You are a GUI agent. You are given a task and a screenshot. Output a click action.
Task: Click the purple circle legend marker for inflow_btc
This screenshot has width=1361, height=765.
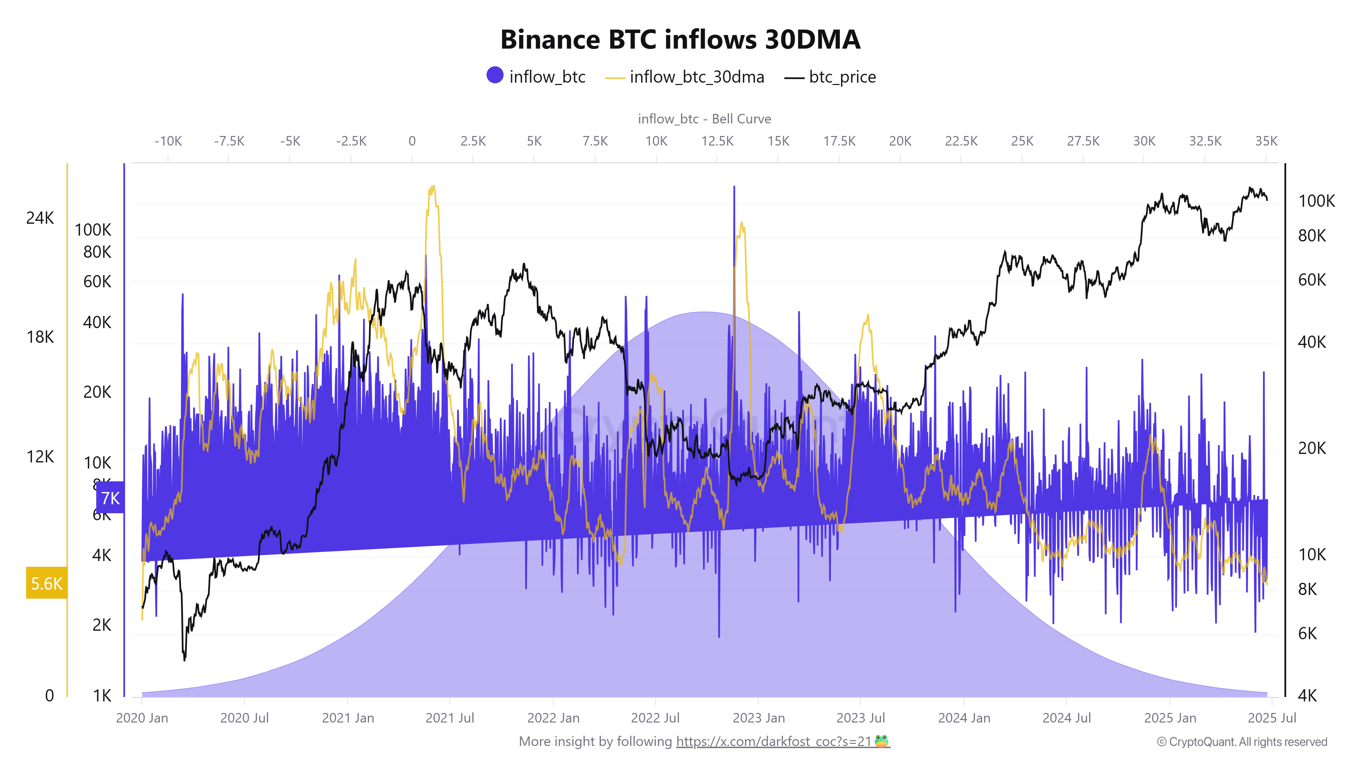pyautogui.click(x=494, y=75)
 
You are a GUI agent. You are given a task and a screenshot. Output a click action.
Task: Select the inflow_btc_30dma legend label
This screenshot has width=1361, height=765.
pyautogui.click(x=696, y=77)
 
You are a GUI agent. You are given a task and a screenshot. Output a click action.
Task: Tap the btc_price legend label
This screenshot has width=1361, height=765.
pyautogui.click(x=842, y=77)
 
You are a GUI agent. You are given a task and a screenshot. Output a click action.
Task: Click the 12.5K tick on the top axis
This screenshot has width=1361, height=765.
pyautogui.click(x=717, y=141)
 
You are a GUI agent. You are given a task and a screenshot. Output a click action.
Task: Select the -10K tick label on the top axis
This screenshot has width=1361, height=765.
pyautogui.click(x=168, y=141)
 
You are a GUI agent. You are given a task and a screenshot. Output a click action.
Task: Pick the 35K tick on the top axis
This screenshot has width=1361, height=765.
pyautogui.click(x=1266, y=141)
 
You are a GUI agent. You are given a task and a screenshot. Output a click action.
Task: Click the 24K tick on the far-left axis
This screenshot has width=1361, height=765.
pyautogui.click(x=40, y=218)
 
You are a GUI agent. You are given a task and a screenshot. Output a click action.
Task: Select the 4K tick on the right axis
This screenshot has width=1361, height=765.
pyautogui.click(x=1307, y=695)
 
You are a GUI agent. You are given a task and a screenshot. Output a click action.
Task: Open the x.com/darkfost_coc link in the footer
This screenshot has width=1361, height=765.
pyautogui.click(x=773, y=741)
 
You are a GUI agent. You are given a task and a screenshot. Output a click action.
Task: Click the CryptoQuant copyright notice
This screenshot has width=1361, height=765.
pyautogui.click(x=1242, y=742)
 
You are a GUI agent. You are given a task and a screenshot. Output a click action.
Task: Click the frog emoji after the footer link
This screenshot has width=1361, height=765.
pyautogui.click(x=881, y=741)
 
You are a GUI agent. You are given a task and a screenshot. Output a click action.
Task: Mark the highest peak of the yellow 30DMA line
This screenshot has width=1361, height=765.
pyautogui.click(x=433, y=186)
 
